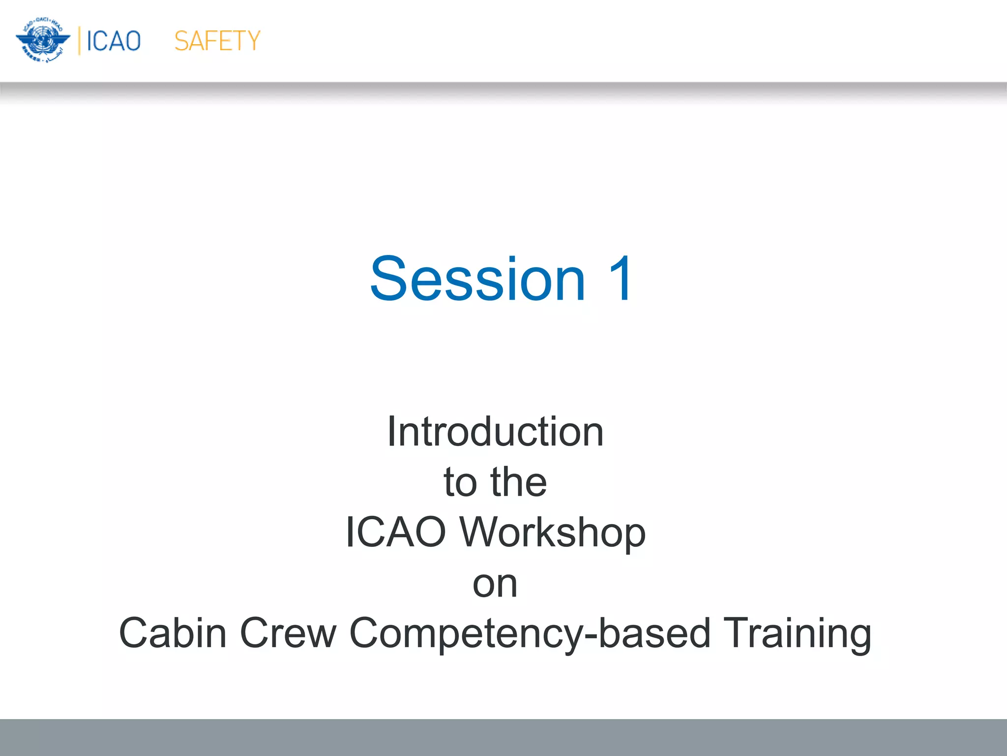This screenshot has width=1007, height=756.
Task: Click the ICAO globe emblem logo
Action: [x=43, y=40]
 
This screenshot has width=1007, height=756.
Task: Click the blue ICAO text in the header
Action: [x=114, y=41]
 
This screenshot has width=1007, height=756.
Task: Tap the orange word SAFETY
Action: [x=217, y=41]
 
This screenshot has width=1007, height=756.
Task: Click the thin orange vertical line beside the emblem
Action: [x=79, y=41]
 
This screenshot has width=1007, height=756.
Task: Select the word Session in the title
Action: [x=477, y=279]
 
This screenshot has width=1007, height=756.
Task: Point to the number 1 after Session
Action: [x=620, y=279]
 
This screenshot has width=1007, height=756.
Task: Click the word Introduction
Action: [x=495, y=432]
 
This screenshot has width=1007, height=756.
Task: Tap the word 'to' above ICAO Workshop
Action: [x=460, y=482]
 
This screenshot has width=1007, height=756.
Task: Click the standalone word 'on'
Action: [x=495, y=585]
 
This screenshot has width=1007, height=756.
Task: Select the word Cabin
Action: [x=173, y=633]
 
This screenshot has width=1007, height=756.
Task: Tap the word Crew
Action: [x=288, y=633]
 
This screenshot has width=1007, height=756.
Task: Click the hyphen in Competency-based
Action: [x=591, y=637]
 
